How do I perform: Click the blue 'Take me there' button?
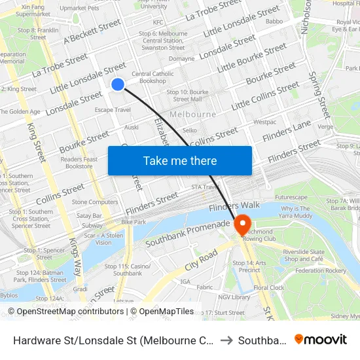pyautogui.click(x=180, y=160)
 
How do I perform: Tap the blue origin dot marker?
pyautogui.click(x=118, y=84)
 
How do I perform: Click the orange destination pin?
pyautogui.click(x=242, y=225)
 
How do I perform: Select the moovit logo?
pyautogui.click(x=320, y=340)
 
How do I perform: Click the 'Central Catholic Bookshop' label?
pyautogui.click(x=153, y=77)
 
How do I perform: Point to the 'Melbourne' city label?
pyautogui.click(x=192, y=115)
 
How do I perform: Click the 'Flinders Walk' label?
pyautogui.click(x=234, y=206)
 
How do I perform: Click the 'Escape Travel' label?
pyautogui.click(x=113, y=110)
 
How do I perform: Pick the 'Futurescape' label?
pyautogui.click(x=291, y=197)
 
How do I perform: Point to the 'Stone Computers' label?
pyautogui.click(x=95, y=202)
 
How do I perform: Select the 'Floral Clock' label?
pyautogui.click(x=269, y=287)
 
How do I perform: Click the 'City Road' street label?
pyautogui.click(x=202, y=257)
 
